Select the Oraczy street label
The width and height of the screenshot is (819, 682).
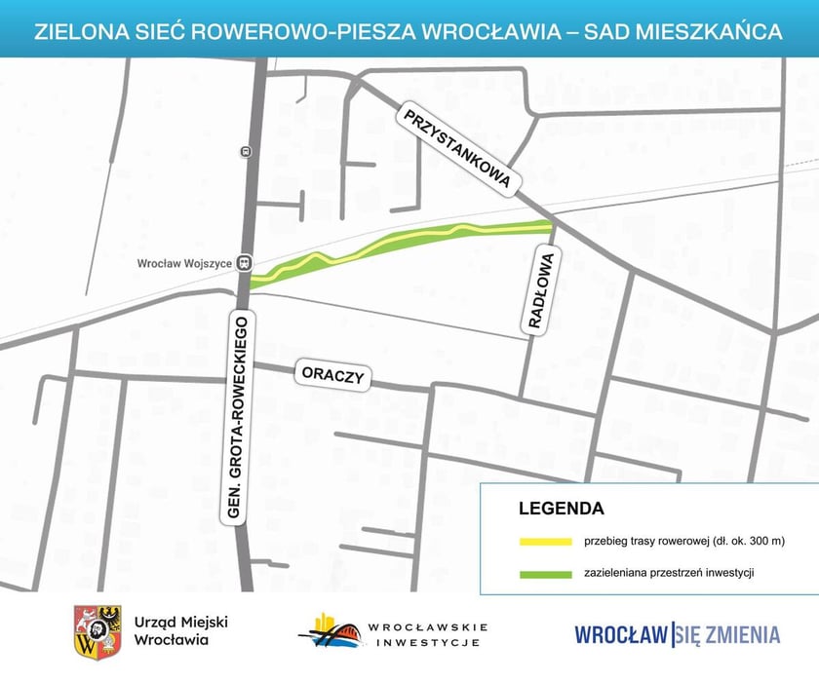tap(332, 376)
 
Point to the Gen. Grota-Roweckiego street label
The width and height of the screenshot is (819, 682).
tap(243, 419)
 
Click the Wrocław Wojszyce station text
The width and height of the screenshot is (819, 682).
tap(183, 262)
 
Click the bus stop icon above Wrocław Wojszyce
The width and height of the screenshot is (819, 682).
tap(245, 151)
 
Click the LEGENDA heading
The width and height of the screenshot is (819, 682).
tap(562, 509)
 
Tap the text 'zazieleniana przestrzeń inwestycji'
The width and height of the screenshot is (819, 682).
tap(670, 573)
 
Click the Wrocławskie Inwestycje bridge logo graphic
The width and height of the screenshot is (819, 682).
tap(331, 631)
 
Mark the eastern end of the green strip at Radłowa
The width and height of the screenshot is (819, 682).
tap(548, 228)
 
